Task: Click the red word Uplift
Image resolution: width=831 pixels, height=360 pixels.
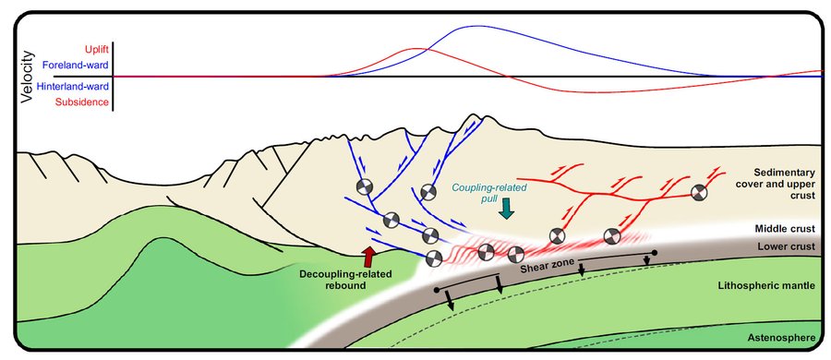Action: point(97,50)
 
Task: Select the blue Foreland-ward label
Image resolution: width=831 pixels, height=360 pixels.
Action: point(75,66)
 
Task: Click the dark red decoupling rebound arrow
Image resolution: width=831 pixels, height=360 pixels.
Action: point(368,257)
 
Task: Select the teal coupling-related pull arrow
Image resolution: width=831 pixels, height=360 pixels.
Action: point(507,208)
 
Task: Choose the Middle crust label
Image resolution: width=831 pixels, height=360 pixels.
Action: point(784,229)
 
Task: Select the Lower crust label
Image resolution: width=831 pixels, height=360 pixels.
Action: point(786,246)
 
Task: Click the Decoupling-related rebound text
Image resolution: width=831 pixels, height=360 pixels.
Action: point(345,279)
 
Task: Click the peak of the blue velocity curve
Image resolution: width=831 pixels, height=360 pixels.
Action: point(477,26)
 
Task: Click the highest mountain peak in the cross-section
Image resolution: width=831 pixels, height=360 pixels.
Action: point(471,115)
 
